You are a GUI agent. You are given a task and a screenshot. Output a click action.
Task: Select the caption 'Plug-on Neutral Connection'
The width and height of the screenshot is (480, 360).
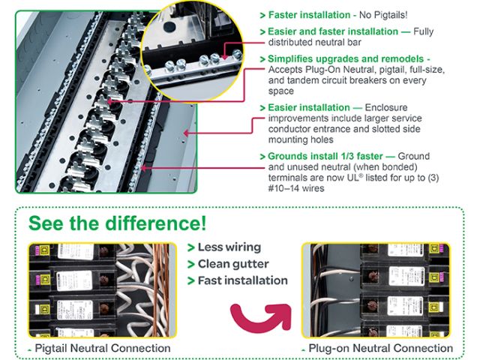point(380,348)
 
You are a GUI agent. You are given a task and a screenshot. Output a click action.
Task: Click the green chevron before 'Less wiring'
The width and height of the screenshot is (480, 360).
point(191,247)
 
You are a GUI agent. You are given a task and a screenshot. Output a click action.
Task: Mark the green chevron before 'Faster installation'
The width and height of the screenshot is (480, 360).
point(262,14)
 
